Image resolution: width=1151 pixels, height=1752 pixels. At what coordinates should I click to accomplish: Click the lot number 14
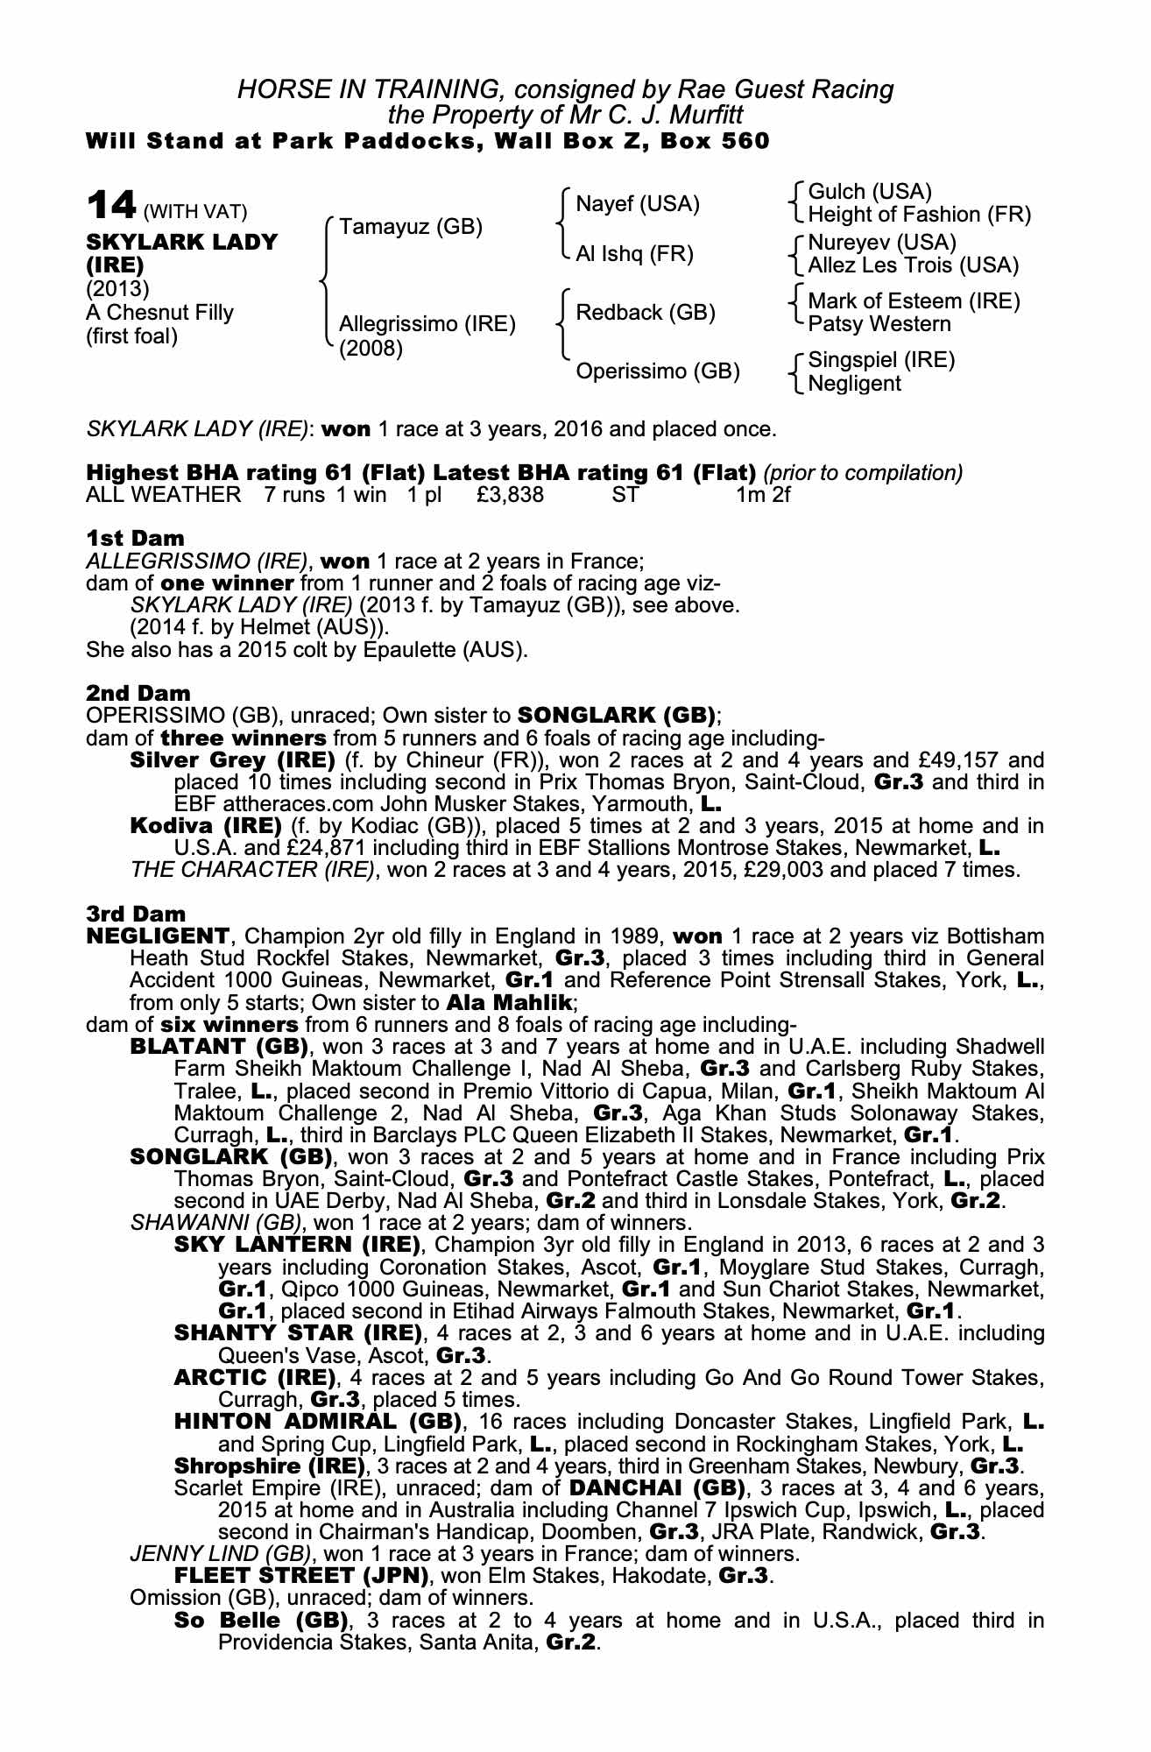coord(111,205)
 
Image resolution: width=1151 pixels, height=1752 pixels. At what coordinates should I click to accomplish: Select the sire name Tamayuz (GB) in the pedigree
coord(411,227)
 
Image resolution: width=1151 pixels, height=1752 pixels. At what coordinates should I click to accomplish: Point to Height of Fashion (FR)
coord(919,215)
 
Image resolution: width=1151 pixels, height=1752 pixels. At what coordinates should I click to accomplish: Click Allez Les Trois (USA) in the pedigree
coord(914,265)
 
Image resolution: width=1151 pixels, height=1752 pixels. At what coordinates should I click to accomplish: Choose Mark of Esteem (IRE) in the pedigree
coord(914,301)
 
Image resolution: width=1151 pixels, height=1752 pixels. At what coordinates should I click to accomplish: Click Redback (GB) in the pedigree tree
coord(646,313)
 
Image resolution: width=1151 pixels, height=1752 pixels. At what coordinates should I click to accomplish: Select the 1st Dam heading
coord(135,538)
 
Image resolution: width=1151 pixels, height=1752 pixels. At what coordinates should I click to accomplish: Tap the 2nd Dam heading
coord(138,693)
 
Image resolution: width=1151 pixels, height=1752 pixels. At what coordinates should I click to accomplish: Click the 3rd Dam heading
coord(137,915)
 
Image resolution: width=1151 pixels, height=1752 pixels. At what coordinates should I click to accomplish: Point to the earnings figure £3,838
coord(510,495)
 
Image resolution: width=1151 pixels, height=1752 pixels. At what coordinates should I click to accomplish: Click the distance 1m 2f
coord(763,495)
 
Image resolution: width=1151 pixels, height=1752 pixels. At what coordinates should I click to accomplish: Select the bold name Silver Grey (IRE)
coord(232,759)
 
